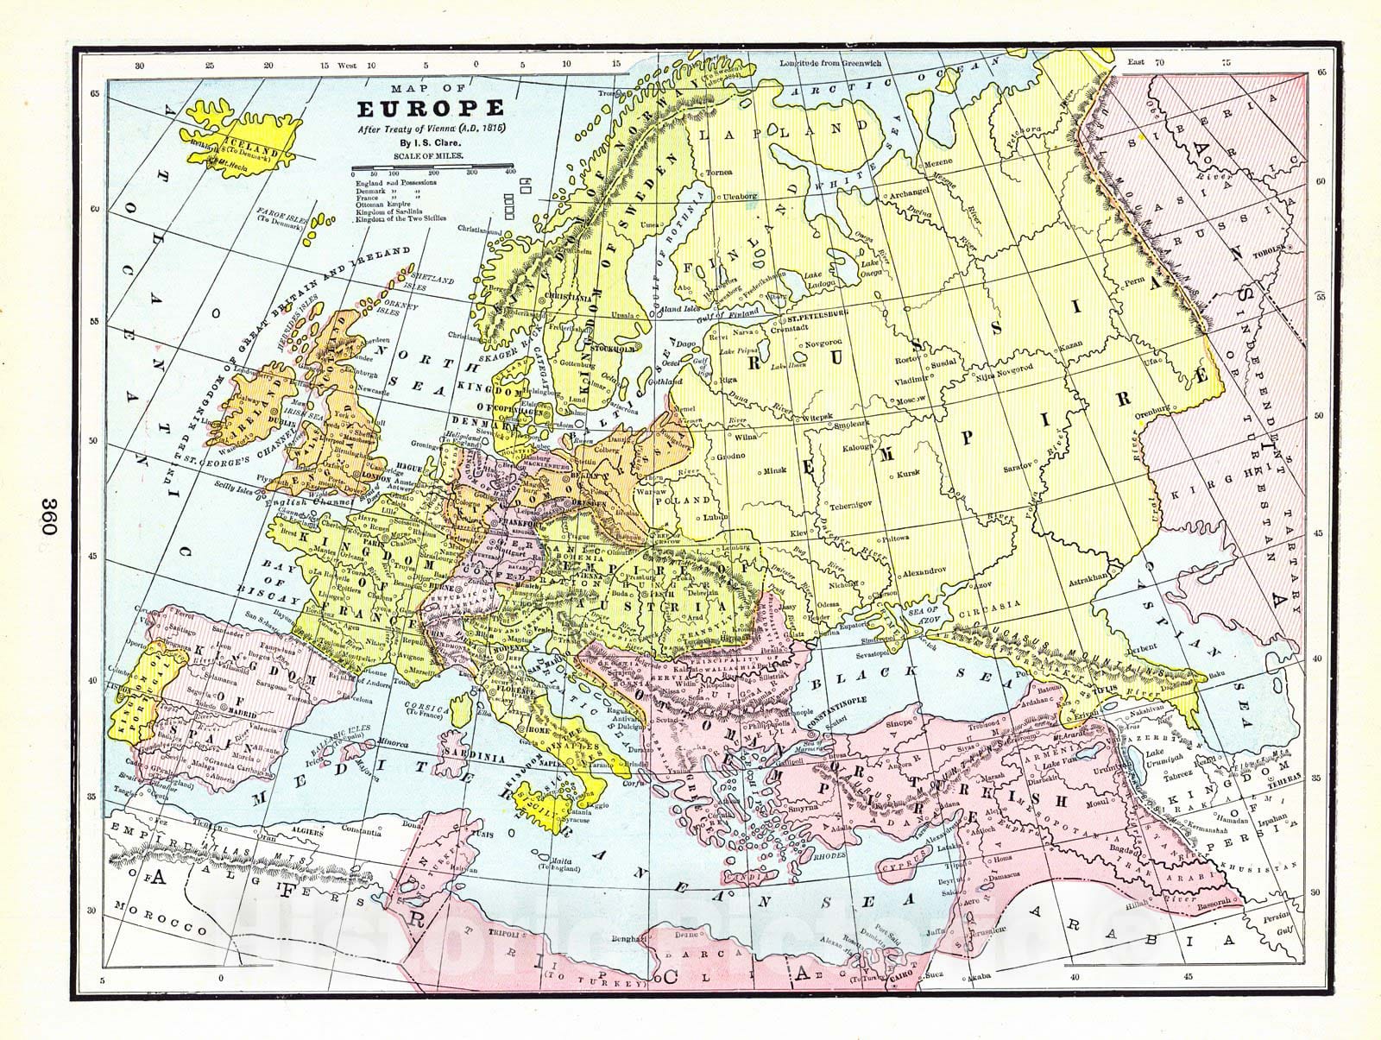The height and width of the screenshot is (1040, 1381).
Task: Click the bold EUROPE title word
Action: click(431, 110)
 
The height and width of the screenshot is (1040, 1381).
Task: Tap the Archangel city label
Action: click(905, 195)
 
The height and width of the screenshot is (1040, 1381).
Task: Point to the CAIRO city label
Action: click(899, 977)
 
